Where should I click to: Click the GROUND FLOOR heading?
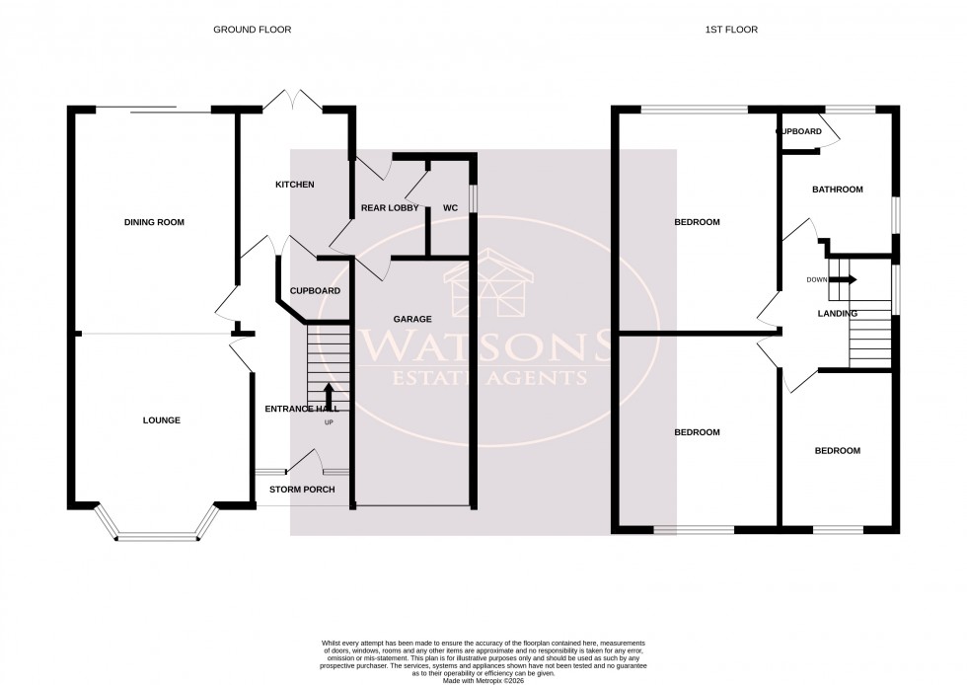(x=252, y=30)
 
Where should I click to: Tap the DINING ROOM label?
(x=154, y=222)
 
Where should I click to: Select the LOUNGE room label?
(x=161, y=419)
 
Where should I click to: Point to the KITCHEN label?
(x=294, y=185)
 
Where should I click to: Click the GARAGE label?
(x=412, y=319)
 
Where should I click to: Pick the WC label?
(x=450, y=208)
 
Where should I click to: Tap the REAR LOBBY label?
(x=390, y=208)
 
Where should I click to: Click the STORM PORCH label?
(x=302, y=490)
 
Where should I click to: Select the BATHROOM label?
(x=837, y=190)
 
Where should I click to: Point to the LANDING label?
(x=838, y=313)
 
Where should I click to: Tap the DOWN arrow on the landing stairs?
(x=844, y=279)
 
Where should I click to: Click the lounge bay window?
(x=158, y=537)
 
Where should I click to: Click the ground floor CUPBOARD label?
(x=315, y=291)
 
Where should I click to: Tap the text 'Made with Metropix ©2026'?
(x=483, y=680)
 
